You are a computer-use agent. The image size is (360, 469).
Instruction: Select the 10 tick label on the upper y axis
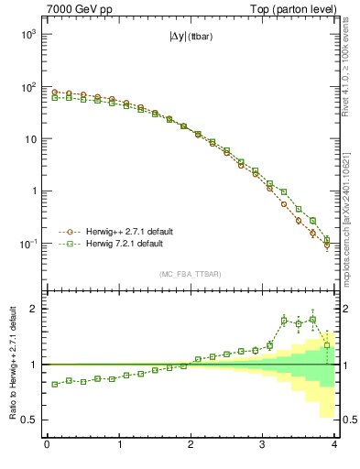tap(29, 139)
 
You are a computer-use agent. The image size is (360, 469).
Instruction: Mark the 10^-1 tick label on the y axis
tap(27, 245)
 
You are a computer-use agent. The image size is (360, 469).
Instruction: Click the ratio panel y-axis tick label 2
tap(35, 309)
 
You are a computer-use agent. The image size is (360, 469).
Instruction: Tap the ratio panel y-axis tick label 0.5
tap(30, 420)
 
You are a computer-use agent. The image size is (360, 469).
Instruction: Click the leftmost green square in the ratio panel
tap(54, 384)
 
